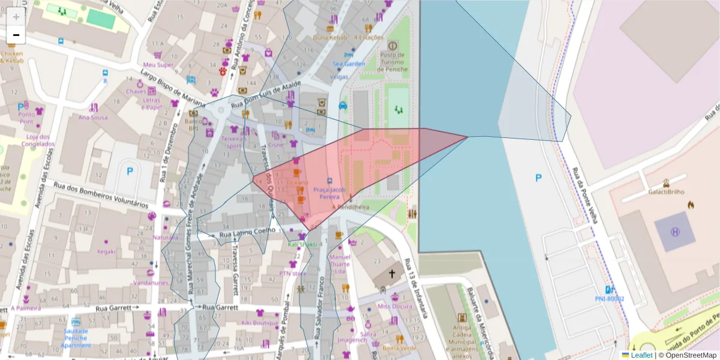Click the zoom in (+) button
click(16, 16)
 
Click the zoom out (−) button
click(16, 35)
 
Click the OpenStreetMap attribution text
click(689, 355)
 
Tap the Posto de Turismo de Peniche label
click(393, 62)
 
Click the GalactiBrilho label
click(667, 192)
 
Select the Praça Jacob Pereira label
click(329, 193)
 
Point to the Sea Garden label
click(349, 64)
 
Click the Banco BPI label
click(193, 124)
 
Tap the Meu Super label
click(158, 65)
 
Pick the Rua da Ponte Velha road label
click(584, 195)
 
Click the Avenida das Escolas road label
click(38, 177)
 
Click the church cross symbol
click(392, 274)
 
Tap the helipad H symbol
click(675, 232)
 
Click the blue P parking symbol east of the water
click(538, 178)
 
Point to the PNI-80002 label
click(609, 298)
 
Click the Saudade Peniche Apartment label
click(76, 338)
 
